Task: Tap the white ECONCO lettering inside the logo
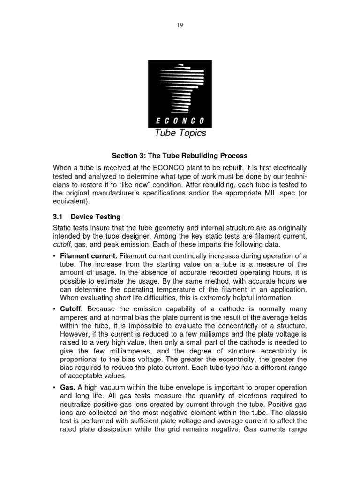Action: pos(180,120)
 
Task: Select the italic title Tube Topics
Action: pos(180,134)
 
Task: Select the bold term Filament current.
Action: pos(89,255)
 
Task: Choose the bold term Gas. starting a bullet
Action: pos(68,387)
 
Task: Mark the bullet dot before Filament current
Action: pos(55,255)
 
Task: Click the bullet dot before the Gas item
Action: pos(55,387)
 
